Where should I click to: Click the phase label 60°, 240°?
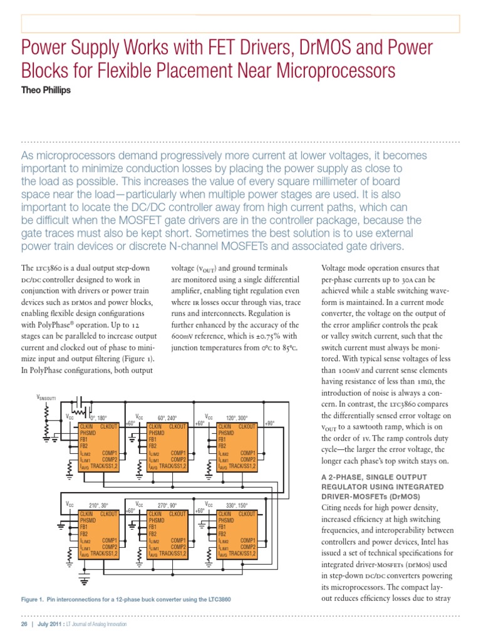point(168,418)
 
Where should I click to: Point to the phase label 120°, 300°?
point(239,418)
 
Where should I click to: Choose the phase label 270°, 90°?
point(168,505)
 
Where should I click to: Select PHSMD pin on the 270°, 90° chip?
point(156,520)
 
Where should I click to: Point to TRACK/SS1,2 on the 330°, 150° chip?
point(243,553)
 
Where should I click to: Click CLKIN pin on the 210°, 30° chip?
point(86,513)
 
